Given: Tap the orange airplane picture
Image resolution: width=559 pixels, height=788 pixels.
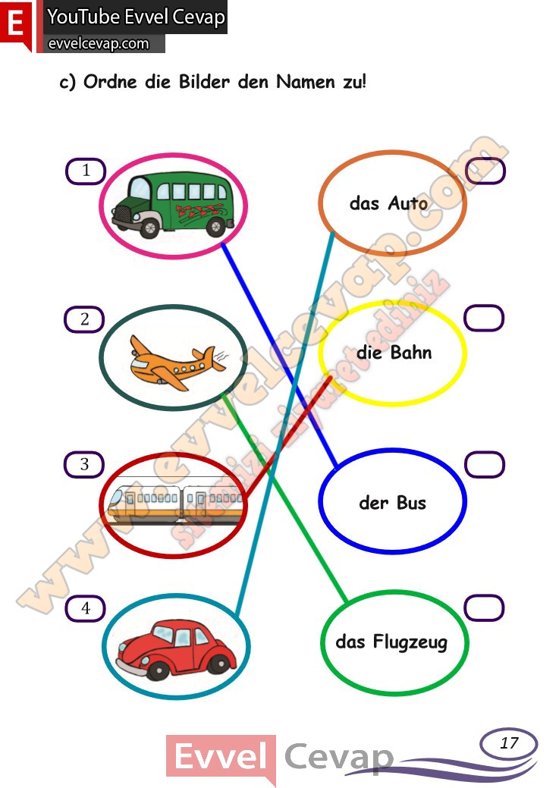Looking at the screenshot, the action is (x=177, y=363).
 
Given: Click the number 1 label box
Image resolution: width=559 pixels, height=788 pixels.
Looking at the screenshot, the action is (x=86, y=171).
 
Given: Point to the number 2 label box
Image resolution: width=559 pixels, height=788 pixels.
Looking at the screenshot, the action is (x=84, y=319).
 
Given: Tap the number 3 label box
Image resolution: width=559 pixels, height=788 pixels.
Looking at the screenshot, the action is (x=84, y=464).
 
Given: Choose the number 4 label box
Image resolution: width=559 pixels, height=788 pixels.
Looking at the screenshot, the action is (x=86, y=608).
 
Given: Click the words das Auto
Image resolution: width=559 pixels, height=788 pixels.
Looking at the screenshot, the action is (x=388, y=203).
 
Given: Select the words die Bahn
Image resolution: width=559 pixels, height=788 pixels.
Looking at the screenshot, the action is (x=394, y=353).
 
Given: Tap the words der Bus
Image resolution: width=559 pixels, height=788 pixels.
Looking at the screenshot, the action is (x=393, y=503).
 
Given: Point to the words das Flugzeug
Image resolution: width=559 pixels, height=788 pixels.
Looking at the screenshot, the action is (x=391, y=642).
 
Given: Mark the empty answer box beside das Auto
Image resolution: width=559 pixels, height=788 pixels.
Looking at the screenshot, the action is (x=485, y=171).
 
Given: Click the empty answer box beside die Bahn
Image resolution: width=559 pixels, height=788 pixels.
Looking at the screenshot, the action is (x=484, y=318).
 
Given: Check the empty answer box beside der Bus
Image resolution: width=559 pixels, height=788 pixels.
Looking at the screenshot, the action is (x=485, y=464).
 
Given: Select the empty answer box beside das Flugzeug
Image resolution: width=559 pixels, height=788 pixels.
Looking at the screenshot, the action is (x=484, y=607).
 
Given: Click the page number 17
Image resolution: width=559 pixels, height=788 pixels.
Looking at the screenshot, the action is (x=509, y=742).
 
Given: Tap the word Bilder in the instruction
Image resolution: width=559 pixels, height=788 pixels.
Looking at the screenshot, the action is (x=204, y=81).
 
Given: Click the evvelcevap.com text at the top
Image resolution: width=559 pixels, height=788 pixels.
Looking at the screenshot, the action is (x=99, y=44).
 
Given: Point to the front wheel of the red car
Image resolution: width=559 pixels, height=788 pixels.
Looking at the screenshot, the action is (x=159, y=670).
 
